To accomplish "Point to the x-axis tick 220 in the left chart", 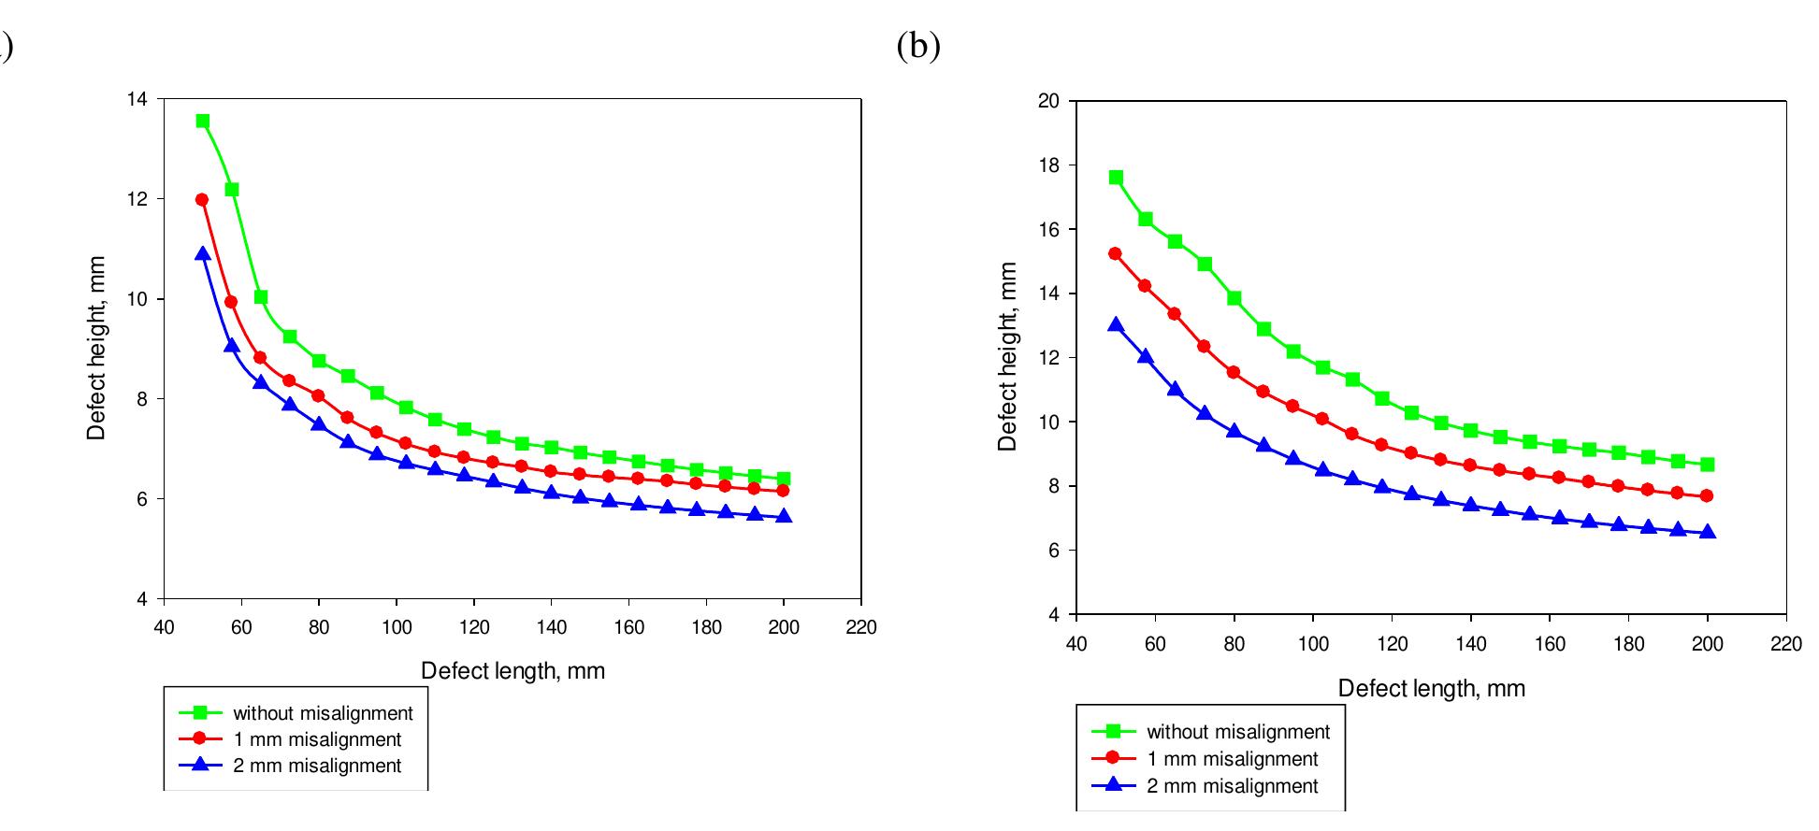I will point(861,627).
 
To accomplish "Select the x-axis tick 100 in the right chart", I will point(1313,644).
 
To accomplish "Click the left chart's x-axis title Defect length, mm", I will point(512,671).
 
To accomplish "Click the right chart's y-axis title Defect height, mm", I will point(1007,357).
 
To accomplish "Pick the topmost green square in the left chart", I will point(203,121).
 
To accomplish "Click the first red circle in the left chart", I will point(202,199).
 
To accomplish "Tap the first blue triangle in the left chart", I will point(203,253).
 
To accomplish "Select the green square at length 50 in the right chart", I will point(1116,178).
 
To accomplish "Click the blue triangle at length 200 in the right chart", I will point(1707,532).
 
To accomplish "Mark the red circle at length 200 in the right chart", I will point(1707,496).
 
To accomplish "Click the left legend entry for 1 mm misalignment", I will point(317,740).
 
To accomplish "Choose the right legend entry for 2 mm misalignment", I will point(1233,786).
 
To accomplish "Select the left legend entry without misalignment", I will point(323,714).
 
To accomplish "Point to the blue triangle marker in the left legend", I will point(200,766).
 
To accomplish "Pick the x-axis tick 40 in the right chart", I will point(1076,644).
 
